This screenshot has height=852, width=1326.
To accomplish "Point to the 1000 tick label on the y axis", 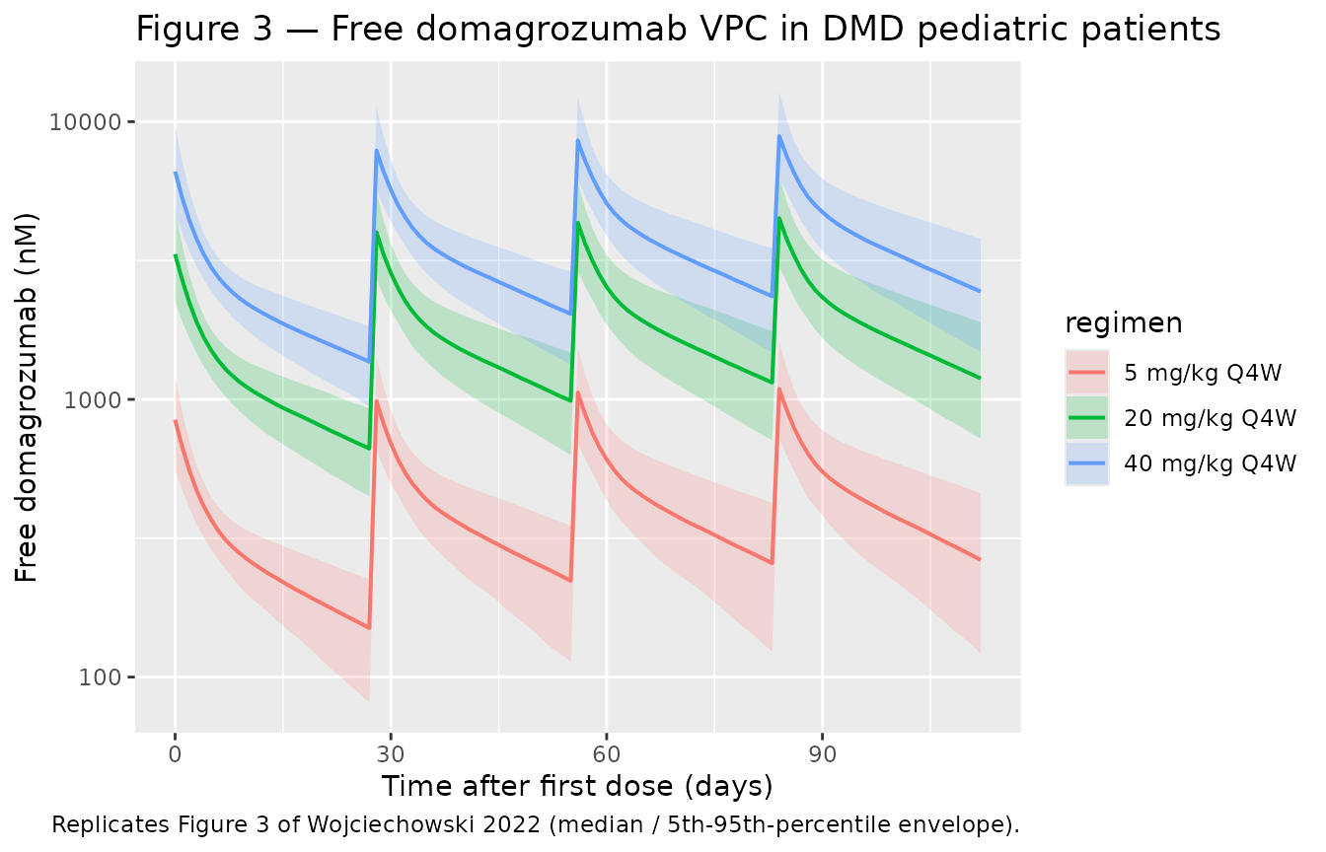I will [x=100, y=399].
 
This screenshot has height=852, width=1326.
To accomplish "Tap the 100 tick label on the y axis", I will [x=105, y=677].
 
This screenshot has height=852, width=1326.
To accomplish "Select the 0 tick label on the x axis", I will [x=175, y=754].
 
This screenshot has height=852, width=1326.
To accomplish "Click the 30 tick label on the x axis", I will [x=391, y=754].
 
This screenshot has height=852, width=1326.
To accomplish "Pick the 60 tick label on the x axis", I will [x=606, y=754].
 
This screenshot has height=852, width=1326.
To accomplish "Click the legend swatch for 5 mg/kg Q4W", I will [x=1087, y=373].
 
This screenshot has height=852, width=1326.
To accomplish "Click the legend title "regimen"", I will [x=1124, y=323].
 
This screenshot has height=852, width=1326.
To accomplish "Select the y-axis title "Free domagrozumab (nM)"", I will [x=28, y=396].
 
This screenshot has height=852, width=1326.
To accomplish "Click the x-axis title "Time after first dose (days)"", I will [x=576, y=787].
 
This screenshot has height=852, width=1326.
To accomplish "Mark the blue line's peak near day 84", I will [x=779, y=136].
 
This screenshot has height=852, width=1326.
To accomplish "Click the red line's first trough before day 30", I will [x=369, y=628].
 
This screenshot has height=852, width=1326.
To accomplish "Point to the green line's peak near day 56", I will [x=579, y=222].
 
